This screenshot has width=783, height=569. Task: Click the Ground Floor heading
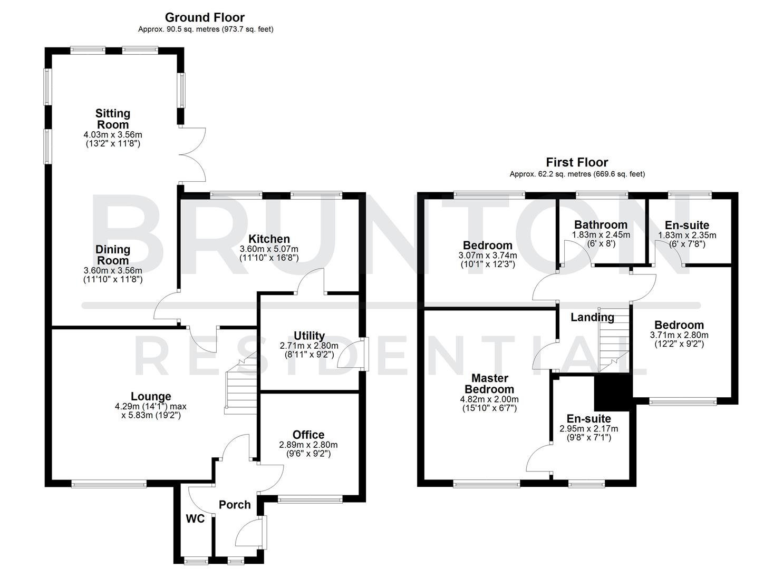[x=205, y=17]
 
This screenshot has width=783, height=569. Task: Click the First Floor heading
[x=577, y=162]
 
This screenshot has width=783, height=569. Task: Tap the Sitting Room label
[x=112, y=119]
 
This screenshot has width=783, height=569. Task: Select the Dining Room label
[x=112, y=255]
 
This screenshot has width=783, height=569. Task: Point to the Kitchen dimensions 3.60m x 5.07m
[x=269, y=249]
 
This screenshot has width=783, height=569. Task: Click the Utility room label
[x=309, y=336]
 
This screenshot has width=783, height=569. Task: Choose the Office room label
[x=308, y=435]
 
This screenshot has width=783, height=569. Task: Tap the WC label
[x=195, y=519]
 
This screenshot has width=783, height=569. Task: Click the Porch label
[x=235, y=505]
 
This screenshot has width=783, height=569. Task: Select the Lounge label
[x=151, y=396]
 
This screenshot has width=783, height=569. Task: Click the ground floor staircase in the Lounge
[x=240, y=385]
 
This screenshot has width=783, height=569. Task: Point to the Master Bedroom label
[x=489, y=384]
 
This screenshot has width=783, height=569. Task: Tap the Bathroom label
[x=601, y=225]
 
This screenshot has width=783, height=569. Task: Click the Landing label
[x=592, y=317]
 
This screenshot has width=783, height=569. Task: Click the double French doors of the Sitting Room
[x=193, y=155]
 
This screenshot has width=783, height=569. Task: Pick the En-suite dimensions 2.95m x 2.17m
[x=588, y=429]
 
